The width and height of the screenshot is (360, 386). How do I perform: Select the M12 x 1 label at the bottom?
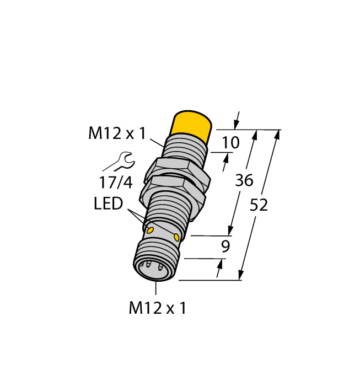[x=157, y=308]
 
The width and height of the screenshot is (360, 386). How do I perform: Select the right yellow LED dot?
[x=176, y=237]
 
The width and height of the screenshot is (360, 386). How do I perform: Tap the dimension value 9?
[x=224, y=246]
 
